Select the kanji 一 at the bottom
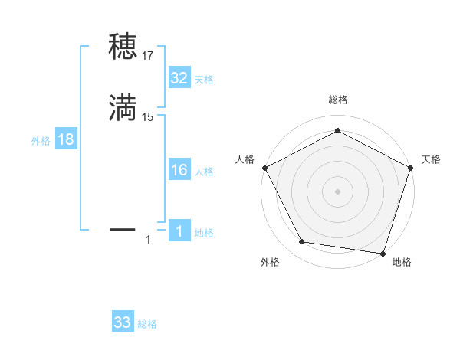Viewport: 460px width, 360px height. pos(123,228)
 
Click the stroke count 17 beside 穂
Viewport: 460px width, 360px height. pos(148,55)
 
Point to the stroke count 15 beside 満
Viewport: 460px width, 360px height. pos(148,116)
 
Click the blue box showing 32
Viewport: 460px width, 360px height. pos(179,77)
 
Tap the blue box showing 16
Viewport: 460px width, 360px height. pos(179,170)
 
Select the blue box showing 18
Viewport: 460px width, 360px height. pos(65,139)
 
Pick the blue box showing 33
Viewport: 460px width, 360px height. pos(123,322)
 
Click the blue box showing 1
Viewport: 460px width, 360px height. pos(179,231)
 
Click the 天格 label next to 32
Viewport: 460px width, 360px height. pos(204,80)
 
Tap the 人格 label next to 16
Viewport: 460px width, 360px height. pos(204,172)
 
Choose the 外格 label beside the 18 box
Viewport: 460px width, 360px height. pos(41,141)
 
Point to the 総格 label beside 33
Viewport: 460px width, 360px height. pos(147,324)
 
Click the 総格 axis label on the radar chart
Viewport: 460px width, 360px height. pos(337,100)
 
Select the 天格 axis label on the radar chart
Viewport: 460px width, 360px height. pos(431,159)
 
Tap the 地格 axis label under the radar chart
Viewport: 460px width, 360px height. pos(402,262)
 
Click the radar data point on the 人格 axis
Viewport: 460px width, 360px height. pos(264,167)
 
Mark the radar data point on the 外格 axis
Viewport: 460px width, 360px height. pos(302,242)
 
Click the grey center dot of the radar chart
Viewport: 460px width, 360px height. pos(337,191)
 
